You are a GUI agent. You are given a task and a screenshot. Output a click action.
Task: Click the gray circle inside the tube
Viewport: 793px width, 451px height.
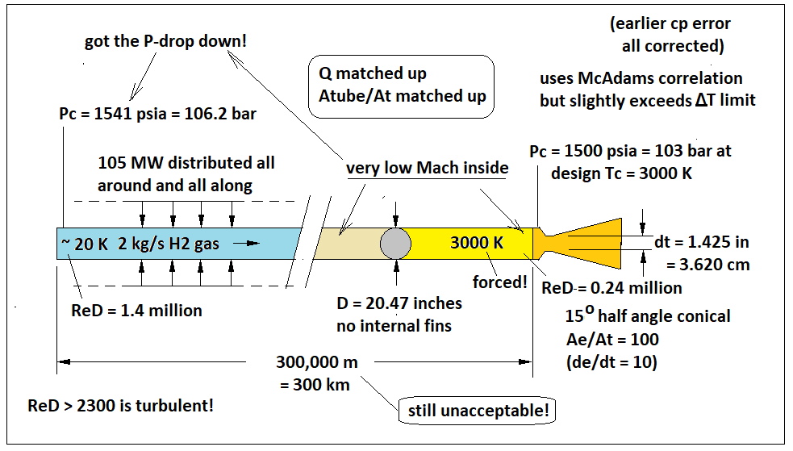(x=395, y=243)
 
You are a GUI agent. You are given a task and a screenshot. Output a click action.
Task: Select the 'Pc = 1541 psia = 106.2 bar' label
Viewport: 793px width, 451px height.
(x=158, y=113)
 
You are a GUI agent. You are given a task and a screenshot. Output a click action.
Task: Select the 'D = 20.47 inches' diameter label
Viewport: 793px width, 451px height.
(x=399, y=303)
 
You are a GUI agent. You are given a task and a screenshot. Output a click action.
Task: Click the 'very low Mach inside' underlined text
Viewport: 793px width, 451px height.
(x=428, y=168)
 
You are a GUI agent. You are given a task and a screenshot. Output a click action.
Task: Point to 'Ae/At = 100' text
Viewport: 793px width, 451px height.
(x=614, y=339)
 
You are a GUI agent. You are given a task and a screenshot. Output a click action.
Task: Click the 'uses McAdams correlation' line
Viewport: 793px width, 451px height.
(x=641, y=78)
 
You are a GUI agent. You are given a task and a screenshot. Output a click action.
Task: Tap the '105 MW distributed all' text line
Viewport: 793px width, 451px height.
(x=186, y=162)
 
